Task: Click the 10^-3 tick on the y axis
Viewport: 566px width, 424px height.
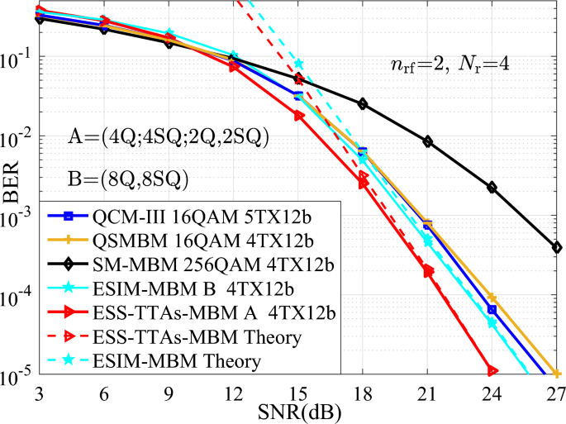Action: pos(20,217)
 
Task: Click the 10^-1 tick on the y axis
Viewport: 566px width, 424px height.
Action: pos(20,60)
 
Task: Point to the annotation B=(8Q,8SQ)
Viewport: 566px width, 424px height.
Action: pos(130,178)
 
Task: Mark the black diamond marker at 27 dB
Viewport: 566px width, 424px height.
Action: pos(558,246)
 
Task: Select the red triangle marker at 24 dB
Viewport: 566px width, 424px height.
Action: pos(492,371)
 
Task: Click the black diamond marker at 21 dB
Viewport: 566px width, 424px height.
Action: pos(428,141)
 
